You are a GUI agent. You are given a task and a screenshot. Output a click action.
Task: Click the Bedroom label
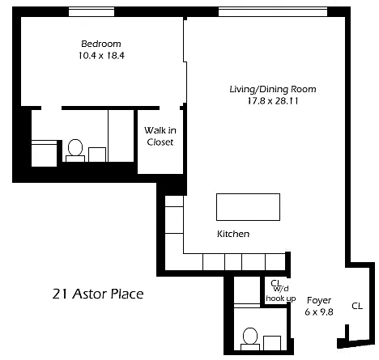click(x=101, y=44)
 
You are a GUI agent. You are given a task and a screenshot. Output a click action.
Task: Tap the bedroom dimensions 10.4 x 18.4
click(x=101, y=56)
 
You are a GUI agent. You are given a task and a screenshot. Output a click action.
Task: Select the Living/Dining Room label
click(x=273, y=89)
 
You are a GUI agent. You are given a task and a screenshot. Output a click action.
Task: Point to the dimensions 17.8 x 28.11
click(x=273, y=101)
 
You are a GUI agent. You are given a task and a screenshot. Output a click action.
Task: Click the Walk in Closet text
click(x=160, y=136)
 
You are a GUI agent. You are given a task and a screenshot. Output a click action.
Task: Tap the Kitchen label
click(x=233, y=234)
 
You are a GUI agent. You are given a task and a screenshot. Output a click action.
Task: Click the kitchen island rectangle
click(x=248, y=207)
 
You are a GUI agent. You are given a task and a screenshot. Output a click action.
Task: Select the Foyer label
click(x=319, y=300)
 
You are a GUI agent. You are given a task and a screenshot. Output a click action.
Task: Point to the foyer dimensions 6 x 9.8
click(x=319, y=312)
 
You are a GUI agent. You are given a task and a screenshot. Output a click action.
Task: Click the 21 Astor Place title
click(x=98, y=294)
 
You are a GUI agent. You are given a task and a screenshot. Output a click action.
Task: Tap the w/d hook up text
click(x=281, y=294)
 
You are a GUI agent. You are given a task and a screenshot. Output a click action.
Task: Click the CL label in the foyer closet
click(x=357, y=306)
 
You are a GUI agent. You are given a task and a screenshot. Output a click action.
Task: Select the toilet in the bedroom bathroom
click(x=75, y=150)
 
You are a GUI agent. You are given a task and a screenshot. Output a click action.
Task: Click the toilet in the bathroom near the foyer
click(x=250, y=339)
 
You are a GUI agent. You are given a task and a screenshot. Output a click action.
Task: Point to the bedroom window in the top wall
click(x=92, y=12)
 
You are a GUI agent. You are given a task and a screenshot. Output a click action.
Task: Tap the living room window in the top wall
click(x=273, y=12)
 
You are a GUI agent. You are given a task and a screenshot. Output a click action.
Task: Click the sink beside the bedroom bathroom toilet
click(x=97, y=155)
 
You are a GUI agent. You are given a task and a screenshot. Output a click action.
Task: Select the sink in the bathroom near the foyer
click(x=272, y=343)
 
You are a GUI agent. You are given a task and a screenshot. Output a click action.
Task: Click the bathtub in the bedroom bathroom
click(x=45, y=153)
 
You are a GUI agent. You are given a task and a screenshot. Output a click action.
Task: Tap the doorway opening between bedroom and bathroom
click(x=52, y=108)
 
